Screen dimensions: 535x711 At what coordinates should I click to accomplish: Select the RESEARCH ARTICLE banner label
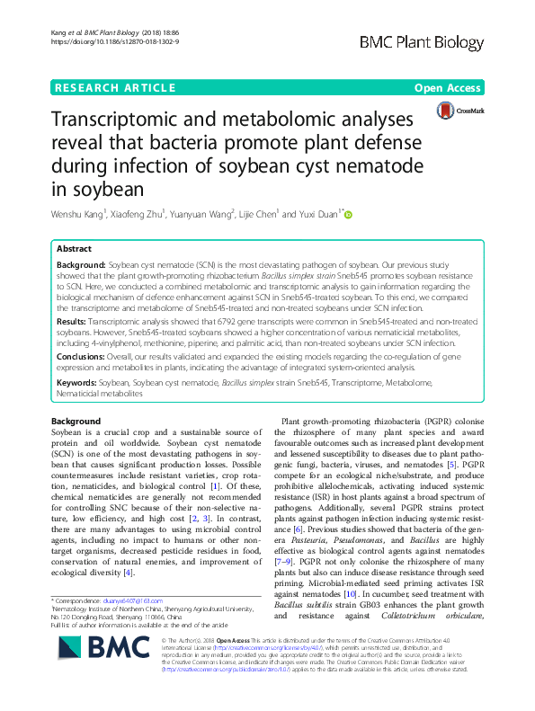click(x=114, y=87)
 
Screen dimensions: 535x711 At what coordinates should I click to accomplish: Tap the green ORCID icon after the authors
click(x=349, y=215)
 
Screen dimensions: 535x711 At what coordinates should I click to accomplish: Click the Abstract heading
click(x=75, y=248)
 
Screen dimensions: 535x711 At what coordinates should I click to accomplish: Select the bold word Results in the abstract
click(x=74, y=320)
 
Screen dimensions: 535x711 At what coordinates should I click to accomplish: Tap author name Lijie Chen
click(x=262, y=215)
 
